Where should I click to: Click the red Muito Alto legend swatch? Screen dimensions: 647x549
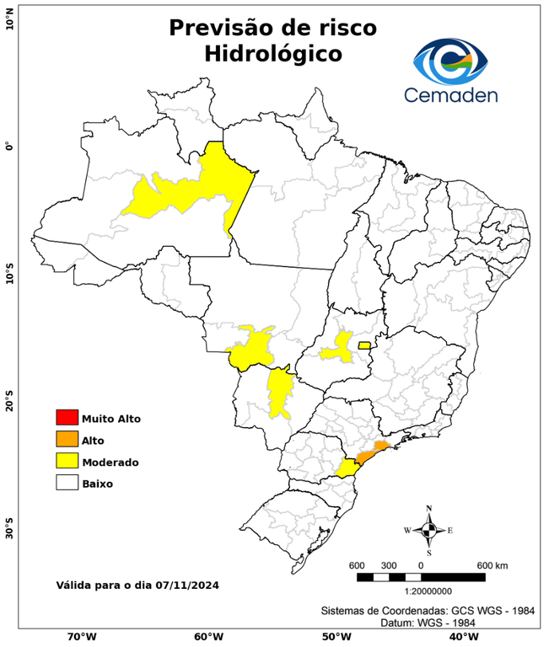(x=67, y=417)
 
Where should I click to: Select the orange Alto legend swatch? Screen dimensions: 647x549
(x=67, y=439)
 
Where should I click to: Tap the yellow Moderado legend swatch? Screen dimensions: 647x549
(x=67, y=461)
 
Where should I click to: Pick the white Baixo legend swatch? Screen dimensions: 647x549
(x=67, y=483)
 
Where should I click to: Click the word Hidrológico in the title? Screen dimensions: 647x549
(x=273, y=53)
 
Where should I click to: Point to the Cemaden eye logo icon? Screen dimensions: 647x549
(x=455, y=59)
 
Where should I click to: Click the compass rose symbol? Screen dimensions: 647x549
(x=428, y=530)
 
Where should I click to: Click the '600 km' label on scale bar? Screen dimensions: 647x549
(x=492, y=564)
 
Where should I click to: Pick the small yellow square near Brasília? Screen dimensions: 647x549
(x=364, y=345)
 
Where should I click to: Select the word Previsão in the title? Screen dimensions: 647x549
(x=224, y=27)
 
